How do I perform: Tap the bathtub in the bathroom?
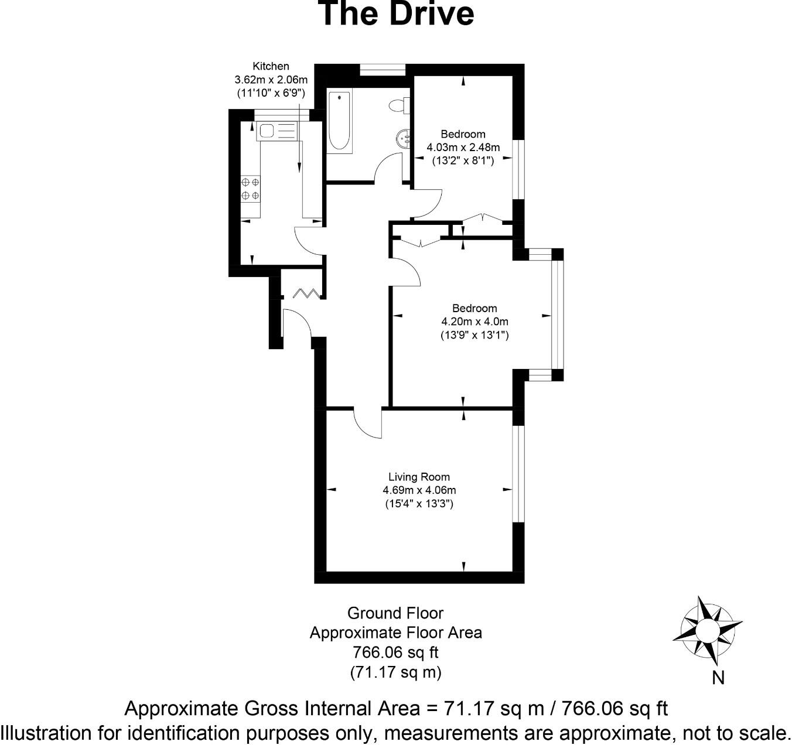point(339,121)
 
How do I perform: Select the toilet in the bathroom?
point(399,105)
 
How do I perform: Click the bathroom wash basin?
point(403,139)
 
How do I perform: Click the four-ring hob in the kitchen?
point(251,189)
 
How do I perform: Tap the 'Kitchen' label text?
point(271,66)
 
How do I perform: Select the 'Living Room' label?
point(419,477)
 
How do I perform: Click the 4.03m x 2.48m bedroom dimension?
point(463,147)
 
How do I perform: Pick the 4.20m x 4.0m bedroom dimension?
point(474,322)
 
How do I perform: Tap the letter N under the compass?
point(718,678)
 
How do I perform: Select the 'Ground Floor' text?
point(395,613)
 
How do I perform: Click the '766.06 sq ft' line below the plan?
point(395,652)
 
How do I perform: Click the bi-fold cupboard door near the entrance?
point(306,292)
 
